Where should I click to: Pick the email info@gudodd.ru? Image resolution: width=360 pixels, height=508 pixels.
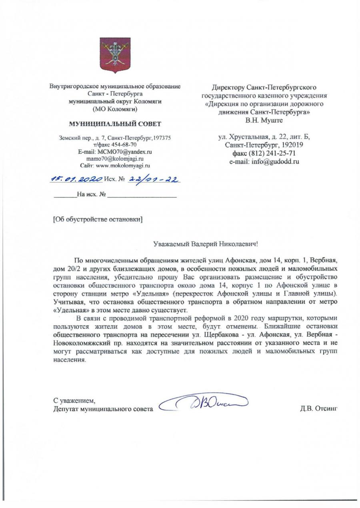point(264,162)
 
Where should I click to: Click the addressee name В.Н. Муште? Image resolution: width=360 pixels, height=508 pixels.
point(264,120)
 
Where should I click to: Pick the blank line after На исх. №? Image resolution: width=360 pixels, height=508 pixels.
point(142,195)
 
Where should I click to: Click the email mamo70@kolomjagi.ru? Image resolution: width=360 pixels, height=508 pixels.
point(115,159)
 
